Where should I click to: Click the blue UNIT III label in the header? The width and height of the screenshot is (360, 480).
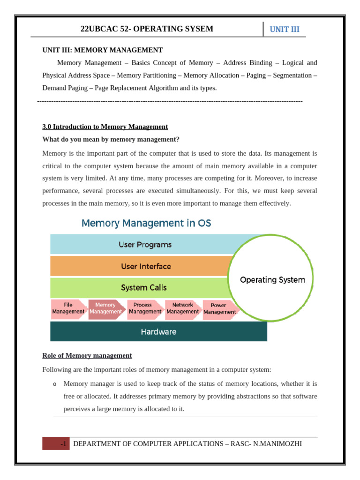(285, 30)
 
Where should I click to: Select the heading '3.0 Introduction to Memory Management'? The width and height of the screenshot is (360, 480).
(105, 127)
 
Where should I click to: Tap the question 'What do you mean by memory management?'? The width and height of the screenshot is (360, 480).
(111, 139)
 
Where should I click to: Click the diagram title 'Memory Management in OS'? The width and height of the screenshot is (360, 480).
(146, 223)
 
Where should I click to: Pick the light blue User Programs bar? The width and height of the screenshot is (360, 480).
(145, 244)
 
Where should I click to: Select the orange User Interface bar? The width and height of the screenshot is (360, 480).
(146, 266)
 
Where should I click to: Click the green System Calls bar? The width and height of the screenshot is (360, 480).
(143, 287)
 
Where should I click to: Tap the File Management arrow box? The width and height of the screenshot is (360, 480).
(68, 308)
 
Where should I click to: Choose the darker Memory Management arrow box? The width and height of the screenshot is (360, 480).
(105, 308)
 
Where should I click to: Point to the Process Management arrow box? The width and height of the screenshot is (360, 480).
(145, 308)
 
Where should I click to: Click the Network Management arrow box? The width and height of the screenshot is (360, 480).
(183, 308)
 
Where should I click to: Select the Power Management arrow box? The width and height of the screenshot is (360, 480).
(219, 308)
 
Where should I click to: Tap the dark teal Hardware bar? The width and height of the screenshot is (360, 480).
(158, 331)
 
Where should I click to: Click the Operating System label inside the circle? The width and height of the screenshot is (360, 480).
(272, 280)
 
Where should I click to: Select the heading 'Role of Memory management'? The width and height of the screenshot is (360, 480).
(87, 356)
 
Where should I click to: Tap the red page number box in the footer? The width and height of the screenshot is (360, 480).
(56, 443)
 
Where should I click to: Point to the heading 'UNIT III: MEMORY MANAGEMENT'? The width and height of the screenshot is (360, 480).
(103, 50)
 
